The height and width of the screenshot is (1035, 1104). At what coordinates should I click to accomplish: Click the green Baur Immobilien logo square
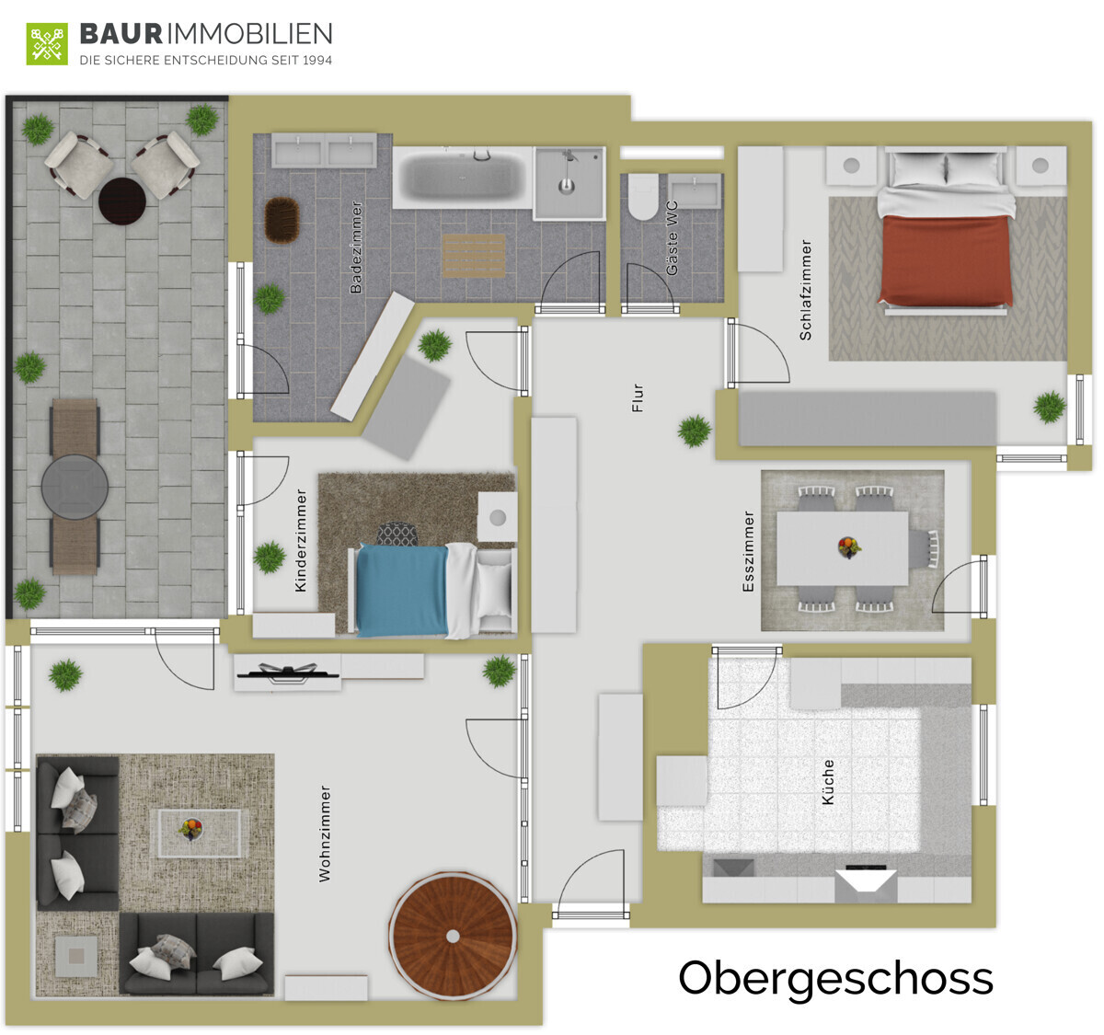click(47, 44)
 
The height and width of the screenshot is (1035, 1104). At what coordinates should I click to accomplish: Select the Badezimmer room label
click(356, 247)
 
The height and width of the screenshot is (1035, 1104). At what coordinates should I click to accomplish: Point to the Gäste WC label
click(672, 237)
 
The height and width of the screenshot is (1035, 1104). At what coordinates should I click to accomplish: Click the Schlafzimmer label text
click(806, 290)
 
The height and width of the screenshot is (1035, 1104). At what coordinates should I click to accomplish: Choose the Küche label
click(828, 782)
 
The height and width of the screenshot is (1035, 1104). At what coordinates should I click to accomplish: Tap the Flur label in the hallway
click(638, 397)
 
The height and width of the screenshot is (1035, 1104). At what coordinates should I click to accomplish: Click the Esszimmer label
click(748, 551)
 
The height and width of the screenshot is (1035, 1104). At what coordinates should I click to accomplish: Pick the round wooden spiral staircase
click(453, 936)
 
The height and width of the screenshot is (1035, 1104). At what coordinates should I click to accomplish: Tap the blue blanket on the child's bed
click(401, 590)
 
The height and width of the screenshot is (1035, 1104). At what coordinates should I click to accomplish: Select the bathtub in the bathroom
click(463, 178)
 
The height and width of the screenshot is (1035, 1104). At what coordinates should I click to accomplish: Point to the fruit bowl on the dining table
click(849, 546)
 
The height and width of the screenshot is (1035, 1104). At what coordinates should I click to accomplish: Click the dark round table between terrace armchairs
click(122, 201)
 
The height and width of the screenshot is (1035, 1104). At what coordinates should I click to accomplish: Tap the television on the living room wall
click(287, 673)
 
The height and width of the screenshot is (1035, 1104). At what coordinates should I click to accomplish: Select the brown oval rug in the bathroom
click(282, 220)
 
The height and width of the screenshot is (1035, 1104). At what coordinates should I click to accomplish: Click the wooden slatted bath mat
click(474, 256)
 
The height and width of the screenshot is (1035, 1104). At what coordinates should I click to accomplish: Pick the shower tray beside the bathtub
click(569, 183)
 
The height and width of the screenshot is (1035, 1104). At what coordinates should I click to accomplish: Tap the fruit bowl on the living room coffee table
click(190, 829)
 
